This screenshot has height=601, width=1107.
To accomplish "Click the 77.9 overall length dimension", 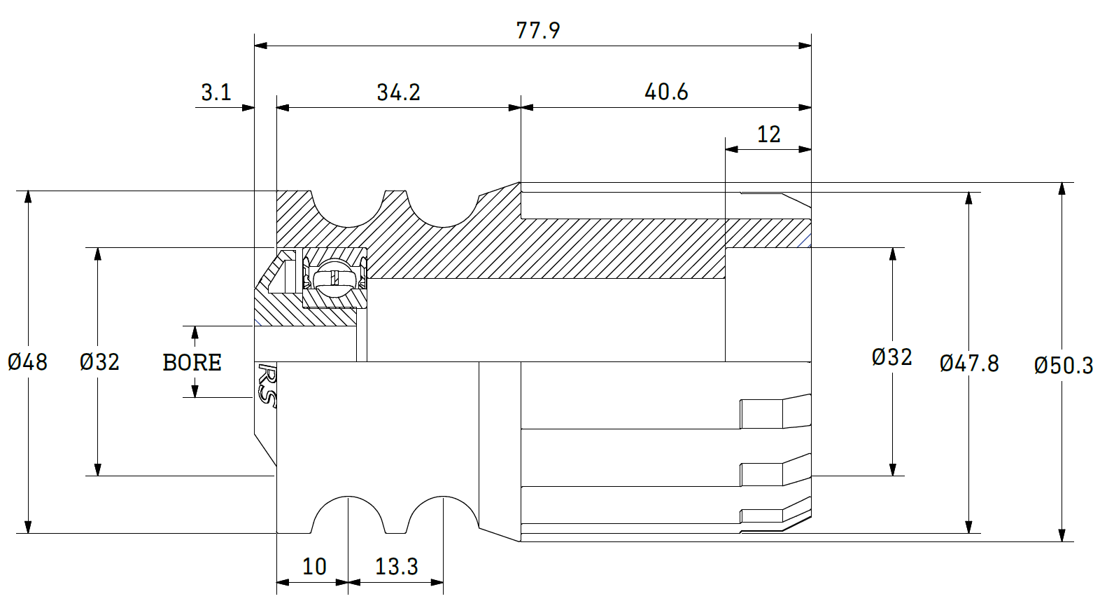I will (x=537, y=30).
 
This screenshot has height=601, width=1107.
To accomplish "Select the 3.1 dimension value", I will (x=216, y=92).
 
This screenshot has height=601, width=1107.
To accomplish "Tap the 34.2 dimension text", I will (x=398, y=92).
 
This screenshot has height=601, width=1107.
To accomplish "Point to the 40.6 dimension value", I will (x=666, y=91).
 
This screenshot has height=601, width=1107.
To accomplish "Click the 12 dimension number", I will (x=768, y=134).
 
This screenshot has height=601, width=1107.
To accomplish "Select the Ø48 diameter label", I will (x=28, y=361).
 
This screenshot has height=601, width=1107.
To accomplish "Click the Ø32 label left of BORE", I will (x=99, y=361).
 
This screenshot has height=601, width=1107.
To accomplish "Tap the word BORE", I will (x=192, y=362).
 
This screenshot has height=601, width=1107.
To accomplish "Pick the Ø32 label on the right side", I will (x=891, y=357).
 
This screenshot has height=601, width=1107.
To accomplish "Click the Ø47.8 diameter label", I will (x=969, y=363).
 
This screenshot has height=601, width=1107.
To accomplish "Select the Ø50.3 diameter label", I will (x=1064, y=365).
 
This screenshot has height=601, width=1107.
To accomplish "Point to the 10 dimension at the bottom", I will (x=314, y=566).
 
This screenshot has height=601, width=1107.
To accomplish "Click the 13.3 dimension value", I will (x=396, y=566).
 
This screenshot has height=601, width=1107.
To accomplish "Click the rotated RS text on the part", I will (x=267, y=384).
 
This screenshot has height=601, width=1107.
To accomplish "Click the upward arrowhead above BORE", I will (x=195, y=332).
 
